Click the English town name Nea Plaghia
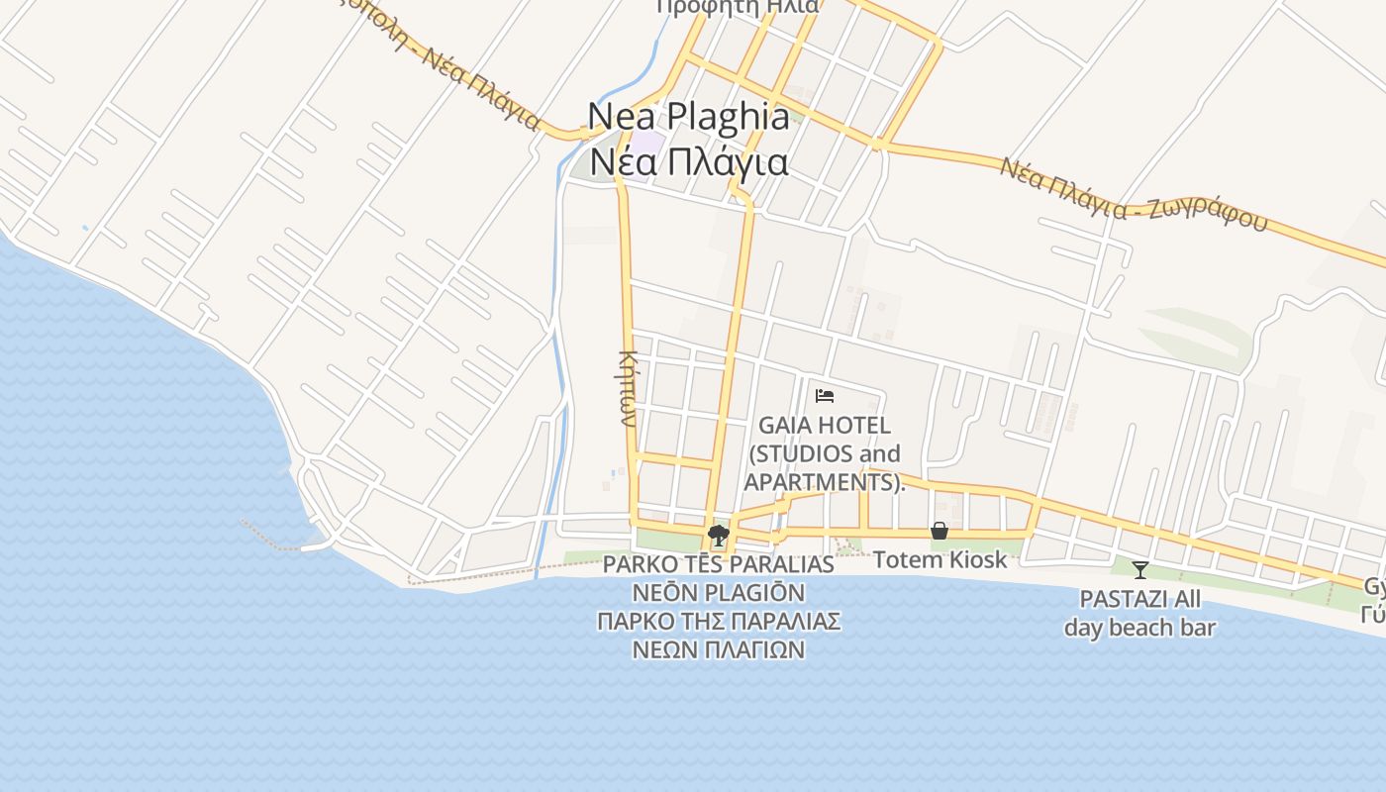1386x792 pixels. click(x=689, y=116)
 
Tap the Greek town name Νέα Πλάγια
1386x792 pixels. click(x=689, y=161)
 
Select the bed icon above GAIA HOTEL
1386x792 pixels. click(x=825, y=396)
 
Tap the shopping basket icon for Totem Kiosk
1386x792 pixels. click(x=940, y=532)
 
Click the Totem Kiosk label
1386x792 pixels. click(x=940, y=559)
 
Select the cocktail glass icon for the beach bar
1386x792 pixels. click(x=1139, y=570)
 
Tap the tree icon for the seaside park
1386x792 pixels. click(x=719, y=537)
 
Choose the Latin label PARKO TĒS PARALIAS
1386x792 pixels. click(x=719, y=564)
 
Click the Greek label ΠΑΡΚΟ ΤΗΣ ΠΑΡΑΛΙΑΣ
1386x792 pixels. click(x=719, y=622)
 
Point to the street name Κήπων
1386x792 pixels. click(x=627, y=387)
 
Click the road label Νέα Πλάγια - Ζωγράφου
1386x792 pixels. click(x=1133, y=195)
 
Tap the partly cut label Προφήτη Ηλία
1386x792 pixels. click(x=738, y=7)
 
